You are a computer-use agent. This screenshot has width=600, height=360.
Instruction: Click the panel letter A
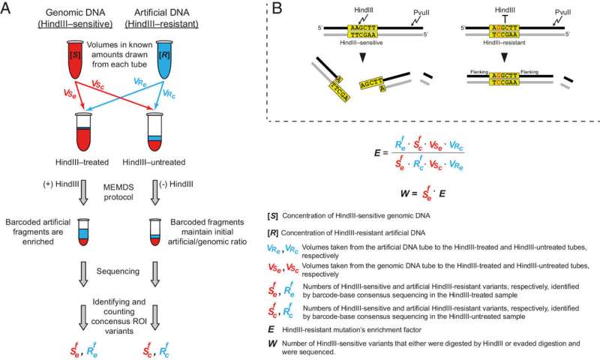pyautogui.click(x=8, y=10)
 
